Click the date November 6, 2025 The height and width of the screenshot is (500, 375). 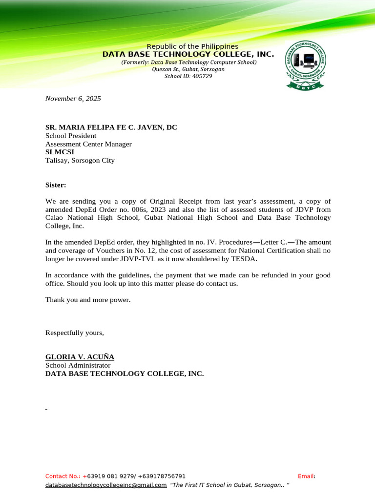[73, 99]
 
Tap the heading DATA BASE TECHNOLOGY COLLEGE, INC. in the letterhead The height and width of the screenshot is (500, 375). [188, 54]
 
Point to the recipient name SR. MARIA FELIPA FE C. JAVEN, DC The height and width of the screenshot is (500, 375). [111, 127]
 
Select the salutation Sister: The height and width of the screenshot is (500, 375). [56, 185]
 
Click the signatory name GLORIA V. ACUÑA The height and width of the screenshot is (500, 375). [80, 357]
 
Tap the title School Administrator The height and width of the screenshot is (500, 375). [78, 365]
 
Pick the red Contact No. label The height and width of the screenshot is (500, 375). [64, 476]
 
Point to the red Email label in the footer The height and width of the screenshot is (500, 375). [306, 476]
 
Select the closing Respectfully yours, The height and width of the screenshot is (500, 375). [75, 333]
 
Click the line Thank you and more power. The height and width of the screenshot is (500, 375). [88, 299]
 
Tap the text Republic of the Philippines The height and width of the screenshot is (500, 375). [192, 46]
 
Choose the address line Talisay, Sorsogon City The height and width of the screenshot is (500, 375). [80, 160]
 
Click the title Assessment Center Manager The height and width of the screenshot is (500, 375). [88, 144]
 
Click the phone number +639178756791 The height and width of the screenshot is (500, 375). [162, 476]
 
